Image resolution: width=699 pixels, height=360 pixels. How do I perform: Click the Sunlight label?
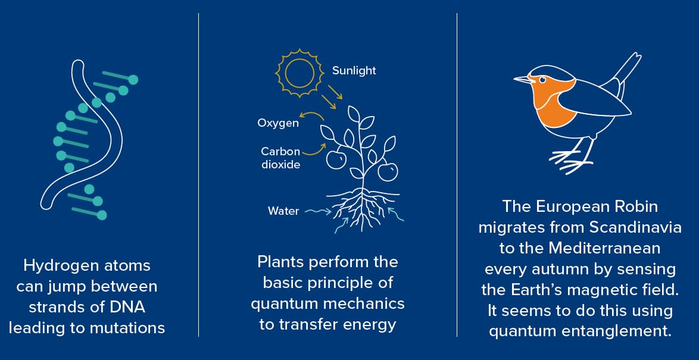point(354,71)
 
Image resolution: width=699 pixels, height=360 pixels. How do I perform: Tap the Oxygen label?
point(278,123)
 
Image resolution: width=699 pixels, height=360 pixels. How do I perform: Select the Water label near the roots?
point(283,211)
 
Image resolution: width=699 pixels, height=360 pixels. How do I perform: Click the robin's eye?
point(542,80)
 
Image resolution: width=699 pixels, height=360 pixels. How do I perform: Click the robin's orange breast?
point(552,102)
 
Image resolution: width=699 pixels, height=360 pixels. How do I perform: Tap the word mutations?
point(127,328)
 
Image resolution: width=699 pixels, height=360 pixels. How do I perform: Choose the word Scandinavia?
point(636,227)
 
